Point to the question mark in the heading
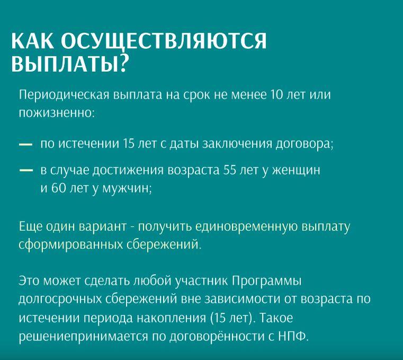(x=123, y=63)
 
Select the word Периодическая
(x=64, y=95)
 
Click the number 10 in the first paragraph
(x=276, y=95)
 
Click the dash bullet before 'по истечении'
(x=26, y=145)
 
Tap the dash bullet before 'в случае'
(x=26, y=171)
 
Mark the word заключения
(x=237, y=144)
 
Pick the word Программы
(x=266, y=281)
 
